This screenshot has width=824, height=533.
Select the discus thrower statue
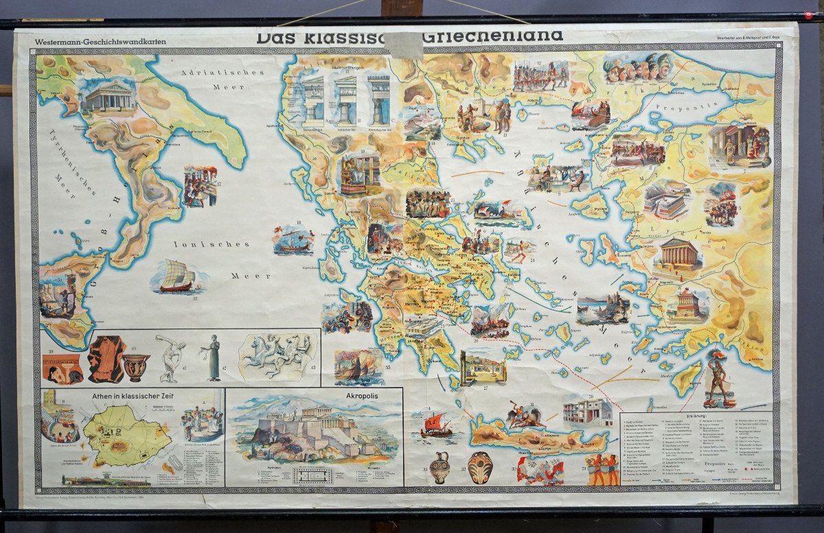pyautogui.click(x=170, y=357)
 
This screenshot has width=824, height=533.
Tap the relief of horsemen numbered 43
pyautogui.click(x=277, y=353)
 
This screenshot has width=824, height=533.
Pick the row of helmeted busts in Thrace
pyautogui.click(x=637, y=67)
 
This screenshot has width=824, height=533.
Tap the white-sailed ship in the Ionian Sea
pyautogui.click(x=177, y=276)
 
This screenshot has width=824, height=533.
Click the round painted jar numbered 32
pyautogui.click(x=480, y=468)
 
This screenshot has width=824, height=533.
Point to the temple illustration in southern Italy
pyautogui.click(x=108, y=98)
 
